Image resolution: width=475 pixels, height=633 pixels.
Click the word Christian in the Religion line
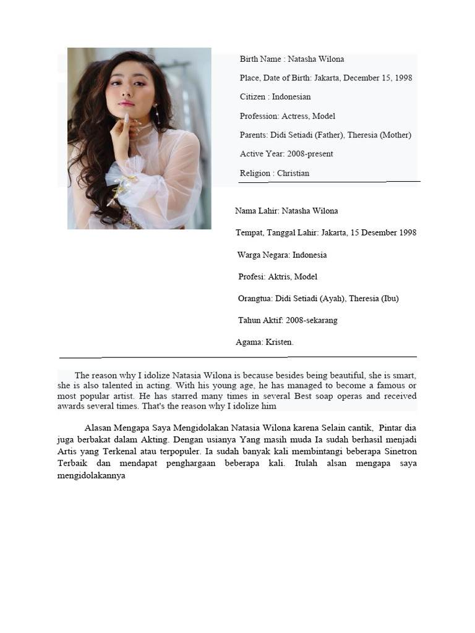293,173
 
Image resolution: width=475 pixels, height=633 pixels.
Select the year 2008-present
311,154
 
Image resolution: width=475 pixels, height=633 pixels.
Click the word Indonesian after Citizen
291,97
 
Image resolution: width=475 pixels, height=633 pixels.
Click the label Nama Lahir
256,211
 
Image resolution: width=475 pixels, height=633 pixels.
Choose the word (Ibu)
390,299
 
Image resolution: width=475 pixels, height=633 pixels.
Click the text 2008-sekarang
312,320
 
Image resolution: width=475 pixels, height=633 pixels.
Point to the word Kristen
280,342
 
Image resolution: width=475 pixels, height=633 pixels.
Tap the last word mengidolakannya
92,476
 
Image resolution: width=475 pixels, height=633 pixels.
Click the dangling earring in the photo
157,114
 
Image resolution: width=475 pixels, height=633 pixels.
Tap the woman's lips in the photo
127,103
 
